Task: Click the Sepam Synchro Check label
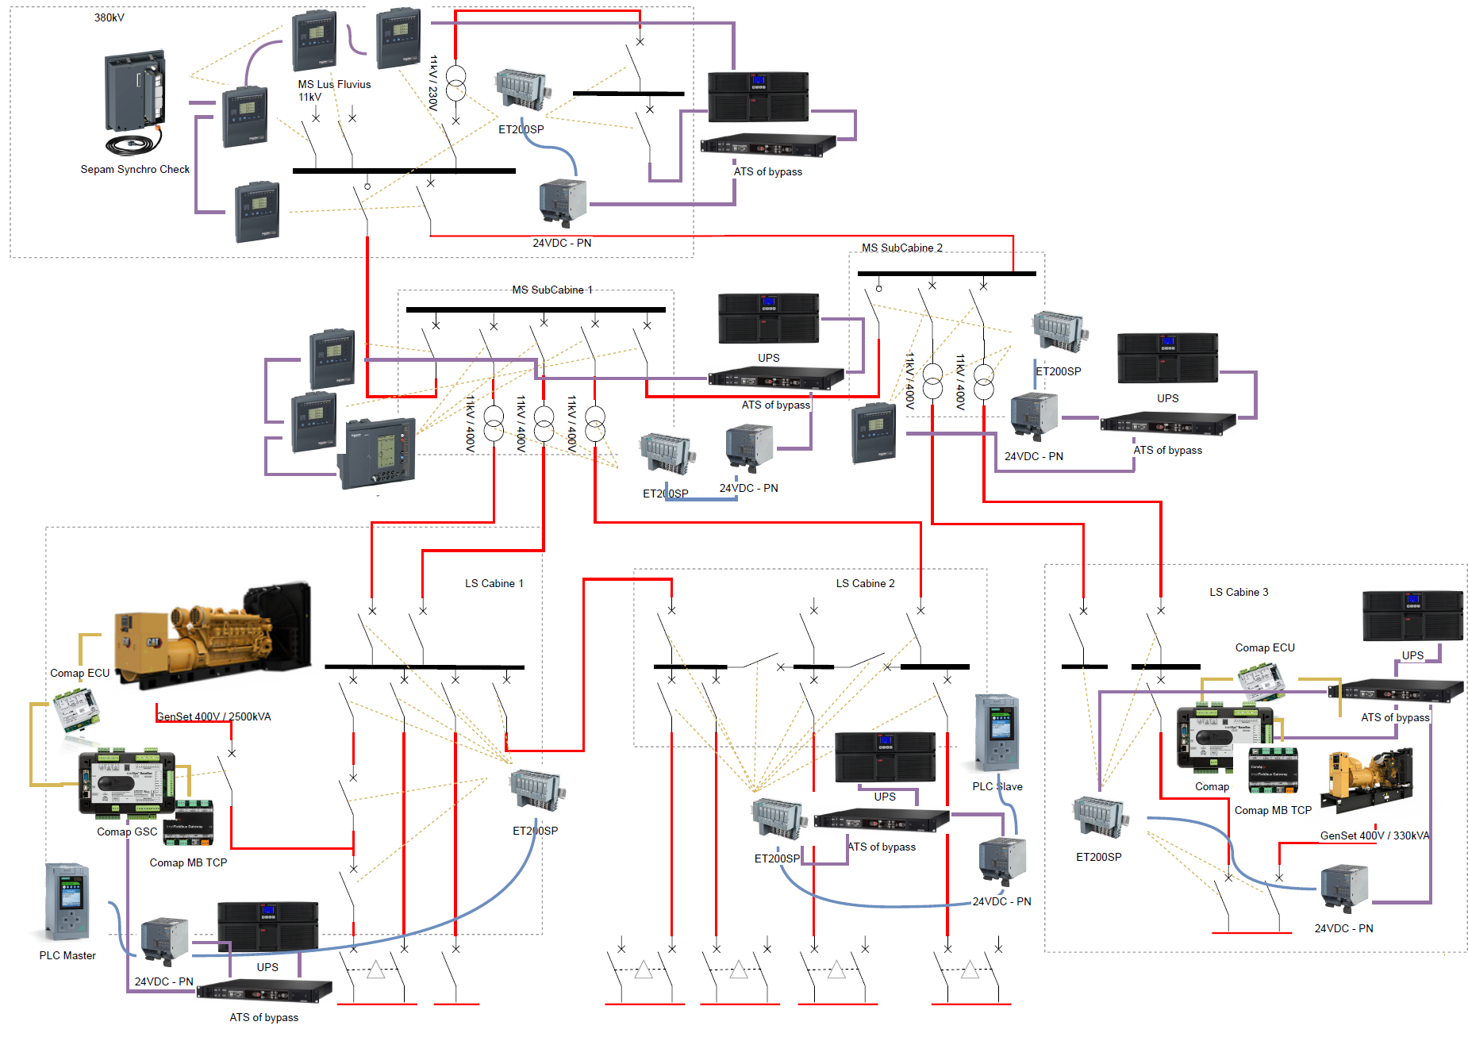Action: pos(135,169)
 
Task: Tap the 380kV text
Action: pos(110,17)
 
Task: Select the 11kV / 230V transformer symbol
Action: pos(455,84)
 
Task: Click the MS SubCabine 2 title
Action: pos(902,248)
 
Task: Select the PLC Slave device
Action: pos(997,733)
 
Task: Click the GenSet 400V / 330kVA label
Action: pos(1374,835)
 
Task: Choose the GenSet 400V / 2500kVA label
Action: pos(213,716)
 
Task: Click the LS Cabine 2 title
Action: pos(865,583)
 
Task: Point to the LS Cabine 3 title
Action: pos(1239,592)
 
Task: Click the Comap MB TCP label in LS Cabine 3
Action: pos(1273,810)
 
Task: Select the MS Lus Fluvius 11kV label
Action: pos(334,90)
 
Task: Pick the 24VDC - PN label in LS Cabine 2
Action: pos(1001,901)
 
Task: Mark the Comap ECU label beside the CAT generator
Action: pos(80,673)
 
